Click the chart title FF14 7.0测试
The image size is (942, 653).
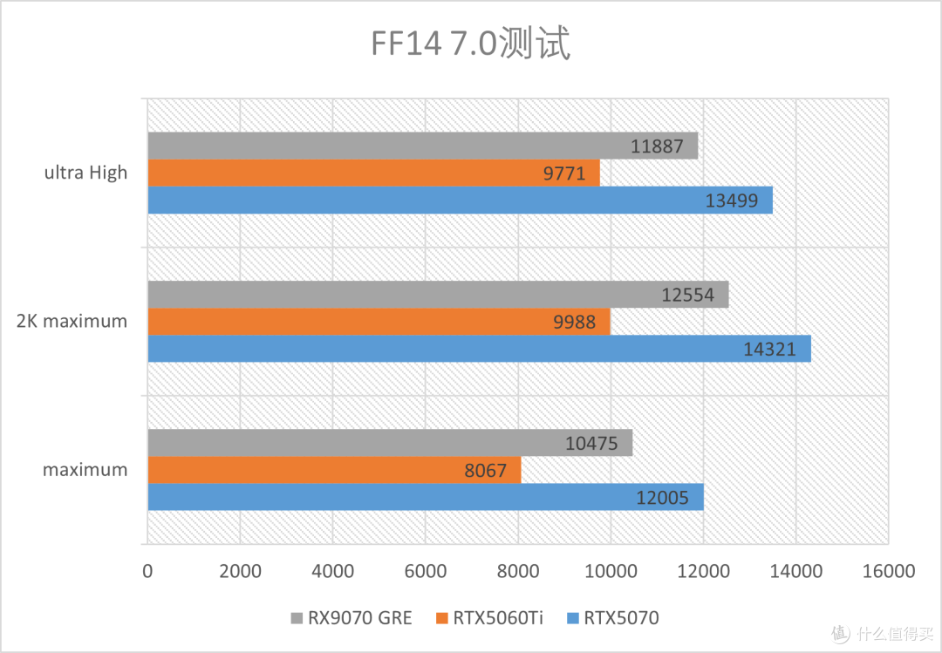pos(470,44)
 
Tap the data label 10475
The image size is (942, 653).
pos(590,444)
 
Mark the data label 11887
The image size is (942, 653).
pos(657,146)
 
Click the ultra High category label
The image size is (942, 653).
pos(85,173)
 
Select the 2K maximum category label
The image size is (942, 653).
pos(72,321)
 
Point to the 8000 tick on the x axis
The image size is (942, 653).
pos(518,571)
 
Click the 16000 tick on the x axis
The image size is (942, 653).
pos(888,571)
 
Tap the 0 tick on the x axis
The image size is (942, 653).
pos(147,571)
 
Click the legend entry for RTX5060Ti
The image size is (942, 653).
pos(488,618)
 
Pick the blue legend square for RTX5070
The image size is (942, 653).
pos(573,619)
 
